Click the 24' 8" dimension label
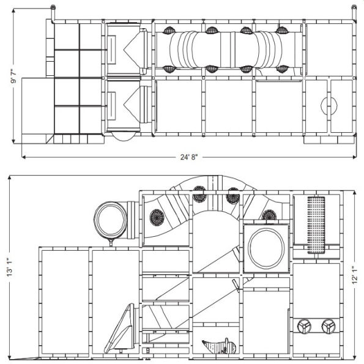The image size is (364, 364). click(188, 157)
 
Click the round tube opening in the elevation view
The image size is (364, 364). click(110, 220)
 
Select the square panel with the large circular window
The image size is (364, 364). click(267, 248)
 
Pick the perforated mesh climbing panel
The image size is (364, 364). click(316, 225)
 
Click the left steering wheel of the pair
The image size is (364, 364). click(305, 327)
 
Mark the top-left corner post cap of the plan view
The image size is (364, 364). click(53, 7)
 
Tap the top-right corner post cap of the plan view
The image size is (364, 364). click(354, 7)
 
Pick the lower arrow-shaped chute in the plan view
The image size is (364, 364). click(131, 104)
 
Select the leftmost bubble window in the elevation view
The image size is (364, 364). click(157, 217)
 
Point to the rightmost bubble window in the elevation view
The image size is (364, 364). click(269, 215)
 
